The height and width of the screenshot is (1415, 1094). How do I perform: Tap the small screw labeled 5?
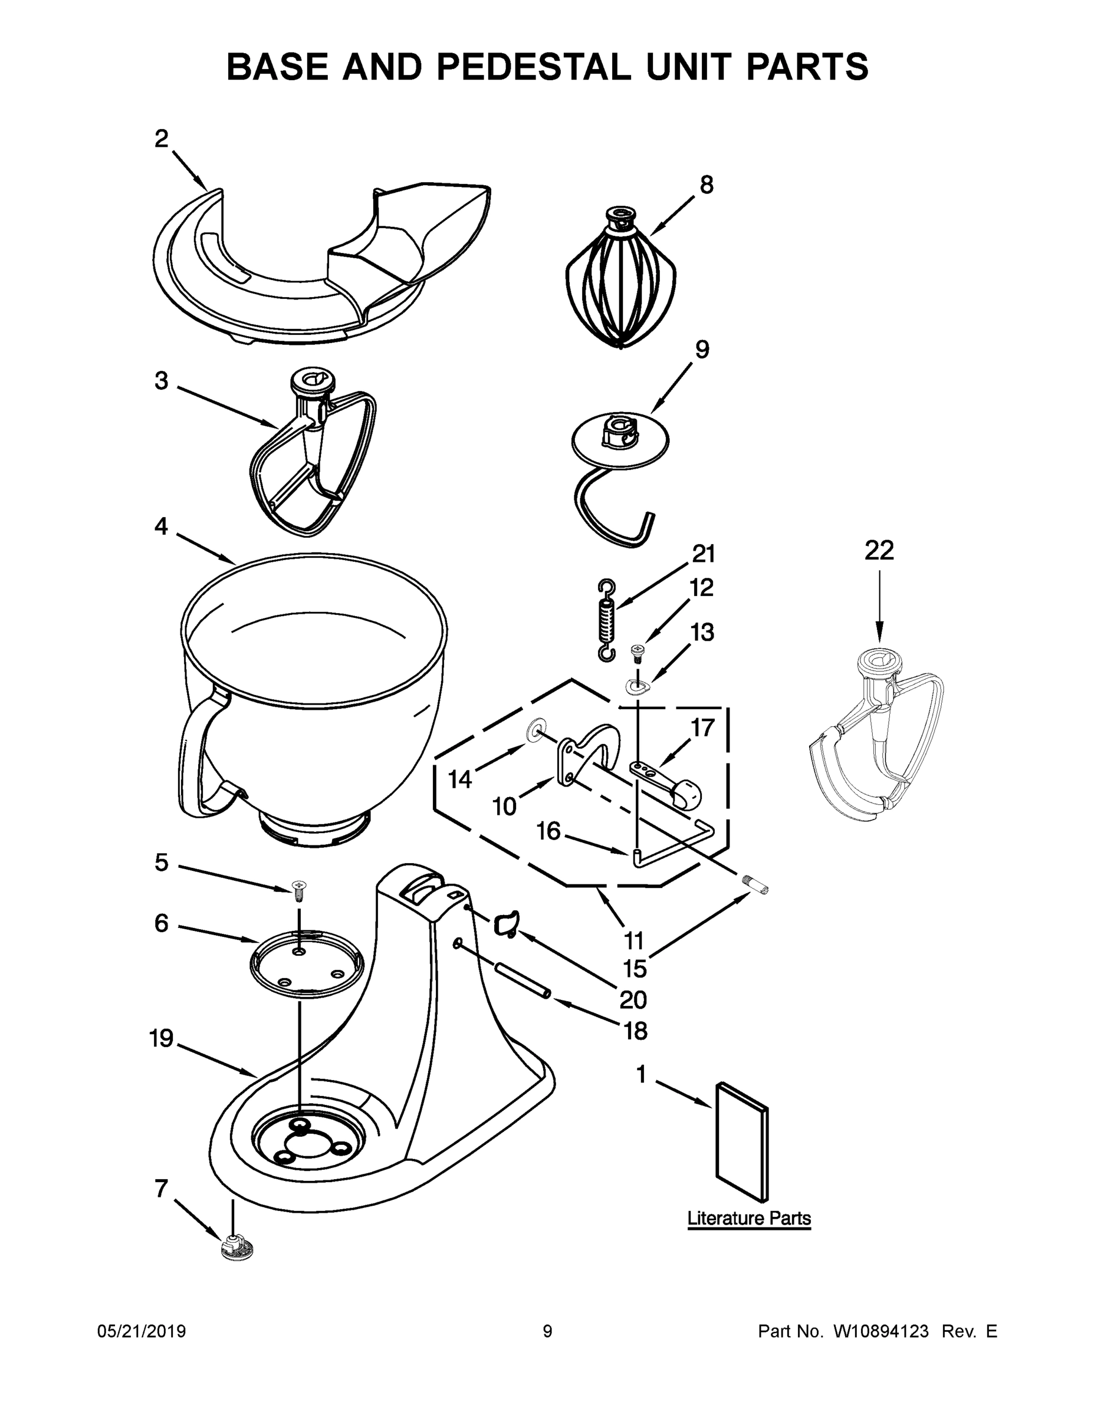(300, 890)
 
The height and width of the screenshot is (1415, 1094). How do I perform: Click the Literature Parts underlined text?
(748, 1218)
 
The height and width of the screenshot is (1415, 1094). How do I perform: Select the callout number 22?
(879, 550)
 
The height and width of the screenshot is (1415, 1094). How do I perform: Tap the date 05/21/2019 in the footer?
(142, 1331)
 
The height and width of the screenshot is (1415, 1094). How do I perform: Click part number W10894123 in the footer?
(880, 1331)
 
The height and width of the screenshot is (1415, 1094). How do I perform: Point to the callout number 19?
(162, 1039)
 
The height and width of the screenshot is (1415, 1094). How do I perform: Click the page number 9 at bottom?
(547, 1331)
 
